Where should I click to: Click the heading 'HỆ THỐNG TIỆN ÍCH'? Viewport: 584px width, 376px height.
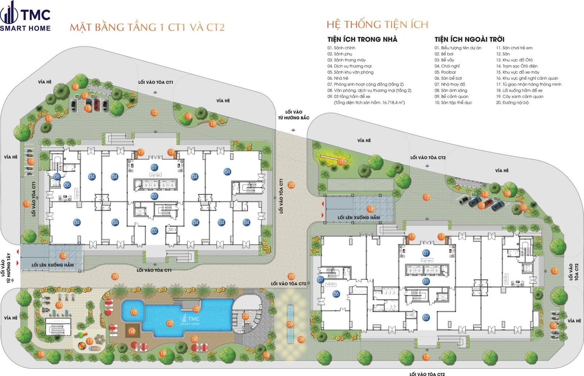(377, 25)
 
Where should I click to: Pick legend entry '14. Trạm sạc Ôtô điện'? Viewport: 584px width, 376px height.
(516, 66)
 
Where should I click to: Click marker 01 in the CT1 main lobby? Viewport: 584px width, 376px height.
(154, 168)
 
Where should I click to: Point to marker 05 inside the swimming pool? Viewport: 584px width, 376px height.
(196, 309)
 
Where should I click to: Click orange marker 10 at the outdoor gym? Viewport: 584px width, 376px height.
(59, 305)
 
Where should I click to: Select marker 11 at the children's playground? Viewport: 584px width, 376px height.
(89, 341)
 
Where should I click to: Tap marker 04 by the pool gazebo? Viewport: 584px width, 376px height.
(132, 331)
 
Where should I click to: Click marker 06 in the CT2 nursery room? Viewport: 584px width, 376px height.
(336, 294)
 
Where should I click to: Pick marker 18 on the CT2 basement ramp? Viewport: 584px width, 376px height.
(370, 209)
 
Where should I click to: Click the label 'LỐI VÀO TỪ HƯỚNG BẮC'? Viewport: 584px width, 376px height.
(293, 115)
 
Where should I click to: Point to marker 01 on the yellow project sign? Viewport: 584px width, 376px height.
(341, 162)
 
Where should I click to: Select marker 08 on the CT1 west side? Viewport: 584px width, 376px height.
(57, 177)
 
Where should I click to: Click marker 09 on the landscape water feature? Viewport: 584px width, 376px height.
(290, 324)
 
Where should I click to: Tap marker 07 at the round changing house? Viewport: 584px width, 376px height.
(245, 316)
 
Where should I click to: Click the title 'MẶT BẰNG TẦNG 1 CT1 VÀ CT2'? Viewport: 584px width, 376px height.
(147, 27)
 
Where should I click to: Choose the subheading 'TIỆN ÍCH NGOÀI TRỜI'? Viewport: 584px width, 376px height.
(469, 39)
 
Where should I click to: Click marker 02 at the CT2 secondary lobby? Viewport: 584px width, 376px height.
(426, 317)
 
